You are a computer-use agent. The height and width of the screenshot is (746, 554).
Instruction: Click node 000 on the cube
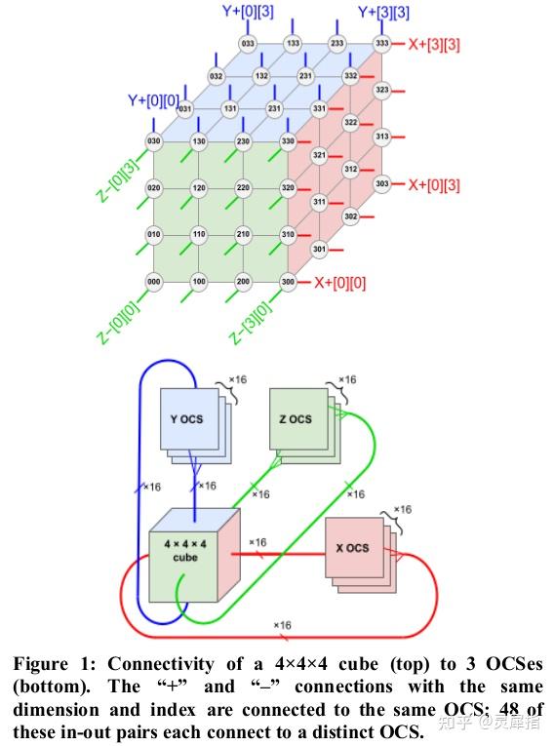152,282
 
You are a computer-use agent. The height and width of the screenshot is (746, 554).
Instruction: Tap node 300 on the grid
288,282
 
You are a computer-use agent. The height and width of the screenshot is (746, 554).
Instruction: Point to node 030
152,141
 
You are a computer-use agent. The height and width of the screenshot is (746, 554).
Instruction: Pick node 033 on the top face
248,44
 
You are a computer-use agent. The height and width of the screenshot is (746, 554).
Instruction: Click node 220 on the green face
243,188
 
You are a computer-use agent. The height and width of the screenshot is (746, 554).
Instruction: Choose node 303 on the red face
381,183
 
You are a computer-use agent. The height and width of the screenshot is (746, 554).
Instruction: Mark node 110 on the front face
198,235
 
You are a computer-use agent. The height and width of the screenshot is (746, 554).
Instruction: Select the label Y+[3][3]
383,12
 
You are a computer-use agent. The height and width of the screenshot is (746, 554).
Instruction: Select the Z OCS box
296,419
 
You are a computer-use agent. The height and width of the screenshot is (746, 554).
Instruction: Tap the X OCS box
352,548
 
